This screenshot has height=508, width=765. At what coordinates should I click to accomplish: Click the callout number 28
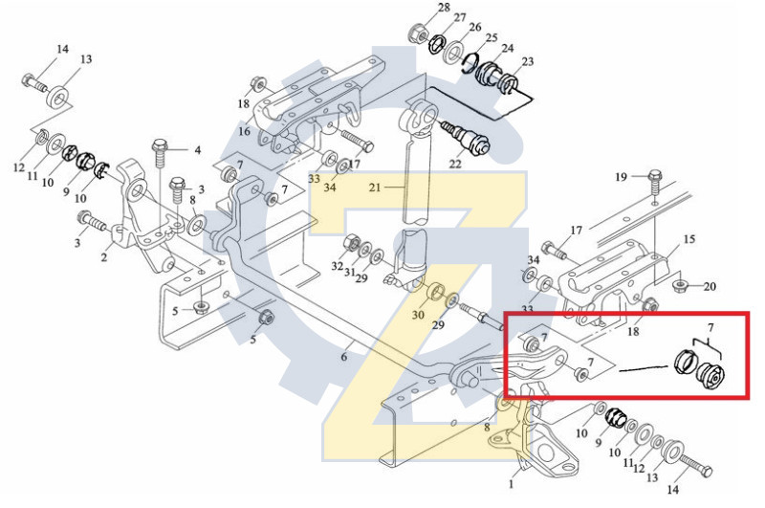coord(443,8)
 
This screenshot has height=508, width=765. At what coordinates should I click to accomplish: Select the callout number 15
coord(689,239)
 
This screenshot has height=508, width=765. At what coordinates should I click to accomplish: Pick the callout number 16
coord(244,131)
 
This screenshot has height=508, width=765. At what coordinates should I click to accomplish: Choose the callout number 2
coord(104,257)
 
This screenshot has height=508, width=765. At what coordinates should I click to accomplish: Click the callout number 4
coord(198,150)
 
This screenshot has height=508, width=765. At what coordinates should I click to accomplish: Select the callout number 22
coord(454,165)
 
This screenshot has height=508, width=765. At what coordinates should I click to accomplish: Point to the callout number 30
coord(418,315)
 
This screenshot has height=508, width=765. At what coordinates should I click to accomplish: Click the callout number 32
coord(336,265)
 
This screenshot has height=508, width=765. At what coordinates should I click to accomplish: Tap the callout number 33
coord(315,177)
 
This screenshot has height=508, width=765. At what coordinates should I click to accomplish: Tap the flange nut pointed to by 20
coord(679,285)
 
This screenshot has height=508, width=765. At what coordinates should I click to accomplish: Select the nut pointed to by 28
coord(417,33)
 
